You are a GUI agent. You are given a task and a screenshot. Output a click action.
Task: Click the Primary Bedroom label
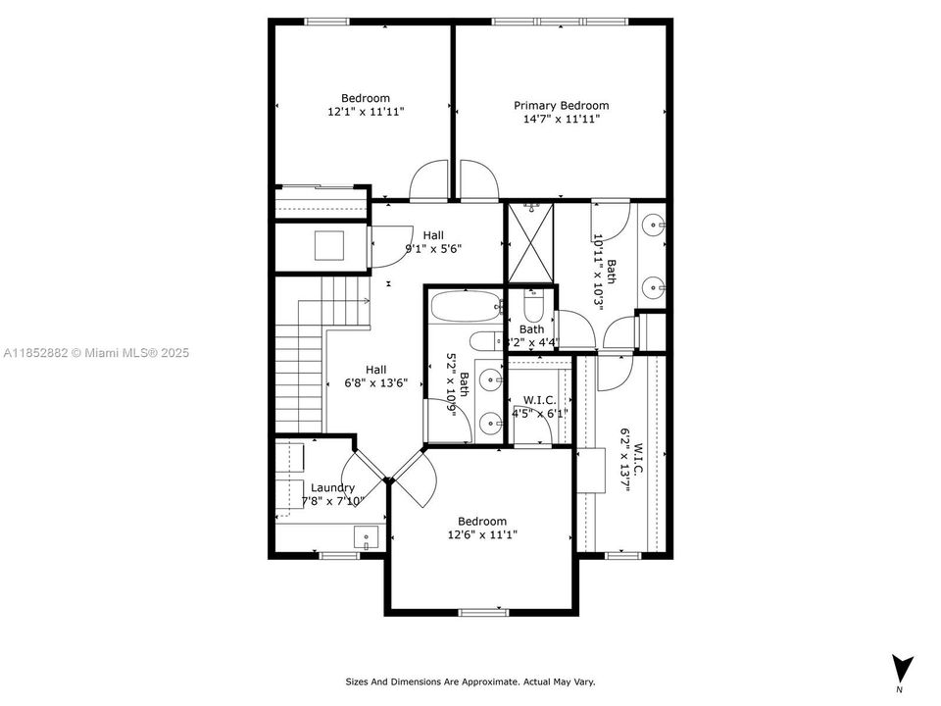click(562, 105)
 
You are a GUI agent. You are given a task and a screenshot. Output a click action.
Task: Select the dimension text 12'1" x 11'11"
click(366, 112)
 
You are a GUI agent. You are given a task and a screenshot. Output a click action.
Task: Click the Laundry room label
click(332, 487)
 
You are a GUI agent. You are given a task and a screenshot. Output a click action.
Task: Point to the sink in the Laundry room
click(365, 536)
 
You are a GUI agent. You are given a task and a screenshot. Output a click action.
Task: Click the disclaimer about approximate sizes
click(470, 681)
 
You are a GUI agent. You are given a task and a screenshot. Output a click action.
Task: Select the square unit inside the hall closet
click(329, 245)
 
